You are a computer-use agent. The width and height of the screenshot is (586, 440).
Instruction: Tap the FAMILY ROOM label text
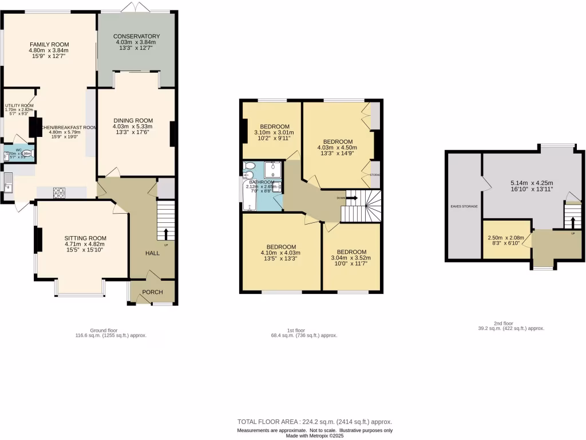[x=49, y=45]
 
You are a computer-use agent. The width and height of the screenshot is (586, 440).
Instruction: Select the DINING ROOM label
[x=132, y=120]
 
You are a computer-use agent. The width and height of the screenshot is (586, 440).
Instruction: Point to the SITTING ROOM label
[x=85, y=238]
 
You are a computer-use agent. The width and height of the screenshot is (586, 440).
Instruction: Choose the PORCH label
[x=152, y=292]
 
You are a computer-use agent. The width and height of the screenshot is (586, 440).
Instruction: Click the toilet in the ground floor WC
[x=28, y=153]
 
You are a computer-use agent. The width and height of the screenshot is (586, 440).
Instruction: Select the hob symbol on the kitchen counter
[x=58, y=193]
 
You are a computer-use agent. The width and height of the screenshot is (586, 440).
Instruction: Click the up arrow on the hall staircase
[x=167, y=233]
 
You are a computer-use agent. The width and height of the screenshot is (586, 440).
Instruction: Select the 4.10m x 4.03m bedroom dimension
[x=280, y=253]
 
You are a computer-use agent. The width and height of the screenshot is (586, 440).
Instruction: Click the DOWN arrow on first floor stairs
[x=351, y=198]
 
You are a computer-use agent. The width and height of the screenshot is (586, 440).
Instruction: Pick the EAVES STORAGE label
[x=464, y=206]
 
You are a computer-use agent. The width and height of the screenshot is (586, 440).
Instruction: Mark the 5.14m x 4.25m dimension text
[x=531, y=184]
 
